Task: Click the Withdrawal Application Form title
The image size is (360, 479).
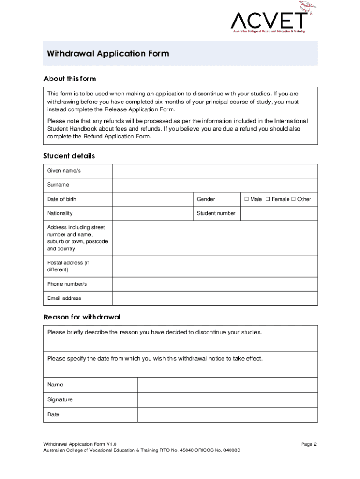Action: point(108,54)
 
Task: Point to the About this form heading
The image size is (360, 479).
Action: point(70,79)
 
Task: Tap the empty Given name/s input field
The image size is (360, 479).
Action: point(215,171)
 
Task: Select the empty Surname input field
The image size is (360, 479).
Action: point(215,185)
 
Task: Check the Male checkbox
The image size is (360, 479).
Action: point(246,199)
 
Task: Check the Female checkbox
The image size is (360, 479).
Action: point(268,199)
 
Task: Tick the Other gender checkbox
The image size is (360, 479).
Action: point(294,199)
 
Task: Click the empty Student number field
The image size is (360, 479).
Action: point(279,213)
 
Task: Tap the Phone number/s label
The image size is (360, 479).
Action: point(67,284)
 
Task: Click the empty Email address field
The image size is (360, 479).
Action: point(215,298)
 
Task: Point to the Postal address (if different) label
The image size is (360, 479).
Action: point(68,266)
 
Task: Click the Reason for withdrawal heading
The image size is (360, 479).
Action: point(82,317)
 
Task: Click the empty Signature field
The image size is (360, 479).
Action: point(227,400)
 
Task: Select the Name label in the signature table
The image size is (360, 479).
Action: point(55,385)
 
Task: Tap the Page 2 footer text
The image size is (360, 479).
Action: point(309,444)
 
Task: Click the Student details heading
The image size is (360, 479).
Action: point(69,156)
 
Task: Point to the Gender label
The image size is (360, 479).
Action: point(206,199)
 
